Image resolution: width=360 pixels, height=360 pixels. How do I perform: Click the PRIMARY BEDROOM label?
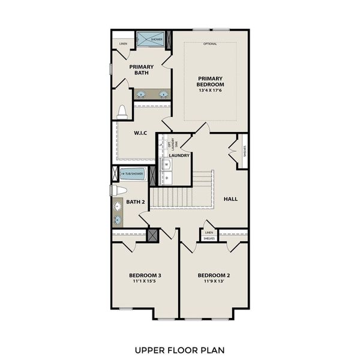210,82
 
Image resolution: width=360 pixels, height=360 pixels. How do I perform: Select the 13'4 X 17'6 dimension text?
210,92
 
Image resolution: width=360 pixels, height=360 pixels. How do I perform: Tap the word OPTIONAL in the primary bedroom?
210,44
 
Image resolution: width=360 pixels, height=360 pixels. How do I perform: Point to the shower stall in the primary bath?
151,39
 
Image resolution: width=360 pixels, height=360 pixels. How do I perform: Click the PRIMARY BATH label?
141,70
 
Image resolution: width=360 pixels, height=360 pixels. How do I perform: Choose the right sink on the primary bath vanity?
163,94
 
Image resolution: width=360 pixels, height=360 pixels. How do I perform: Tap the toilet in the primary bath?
122,112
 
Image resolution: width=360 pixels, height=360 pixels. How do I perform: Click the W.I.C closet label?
140,133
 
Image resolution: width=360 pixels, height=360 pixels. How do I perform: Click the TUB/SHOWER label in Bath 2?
134,174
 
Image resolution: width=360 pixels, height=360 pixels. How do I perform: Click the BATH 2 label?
135,202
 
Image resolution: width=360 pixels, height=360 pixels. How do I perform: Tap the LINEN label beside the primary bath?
122,44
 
